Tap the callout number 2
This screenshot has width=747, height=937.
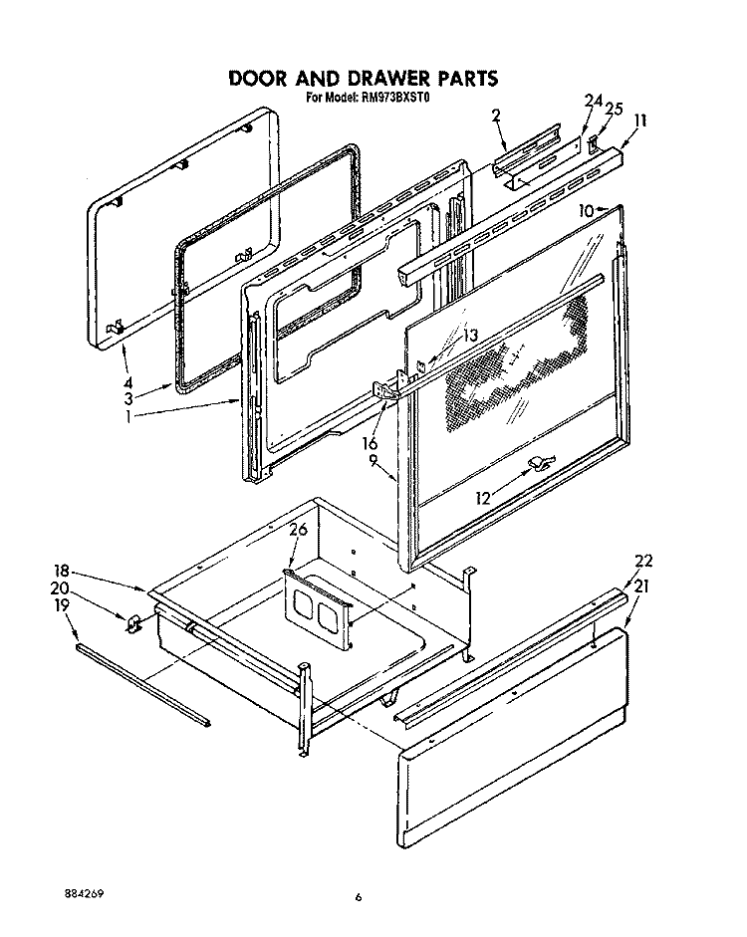495,116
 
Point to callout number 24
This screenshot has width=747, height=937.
593,101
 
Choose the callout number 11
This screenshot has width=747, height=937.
640,120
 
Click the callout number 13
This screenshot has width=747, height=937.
470,335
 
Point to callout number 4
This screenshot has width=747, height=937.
127,381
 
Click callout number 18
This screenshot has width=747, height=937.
62,571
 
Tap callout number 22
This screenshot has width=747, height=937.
644,560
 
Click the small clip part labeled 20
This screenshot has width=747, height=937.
131,623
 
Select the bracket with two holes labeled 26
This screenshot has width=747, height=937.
316,607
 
